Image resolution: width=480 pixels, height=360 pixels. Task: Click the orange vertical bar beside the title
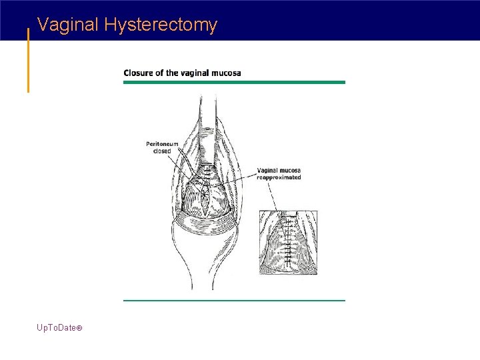pyautogui.click(x=28, y=60)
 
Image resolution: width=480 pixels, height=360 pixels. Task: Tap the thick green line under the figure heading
pyautogui.click(x=234, y=82)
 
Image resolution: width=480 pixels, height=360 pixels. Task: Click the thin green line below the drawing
pyautogui.click(x=234, y=300)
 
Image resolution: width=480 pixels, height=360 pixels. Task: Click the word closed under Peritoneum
pyautogui.click(x=161, y=151)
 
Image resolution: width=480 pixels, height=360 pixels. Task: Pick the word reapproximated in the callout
pyautogui.click(x=279, y=177)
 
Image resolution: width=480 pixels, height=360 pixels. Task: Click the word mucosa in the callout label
pyautogui.click(x=289, y=171)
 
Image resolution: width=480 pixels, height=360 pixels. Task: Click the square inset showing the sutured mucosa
pyautogui.click(x=287, y=243)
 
